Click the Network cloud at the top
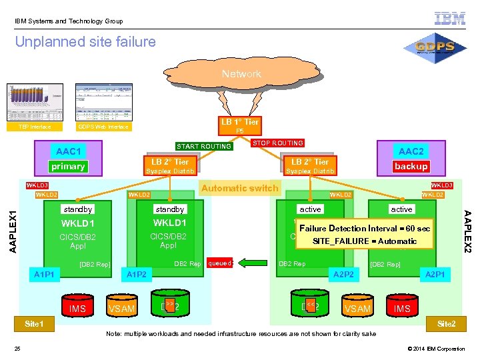[241, 73]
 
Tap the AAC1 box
[69, 151]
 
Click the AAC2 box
[411, 151]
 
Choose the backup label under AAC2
[411, 166]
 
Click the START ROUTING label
[204, 147]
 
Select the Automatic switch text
[240, 188]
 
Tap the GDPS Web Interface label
[103, 127]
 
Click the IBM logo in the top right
[450, 19]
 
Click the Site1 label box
[34, 323]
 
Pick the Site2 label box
[446, 323]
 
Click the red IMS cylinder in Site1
[78, 306]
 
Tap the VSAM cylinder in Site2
[357, 306]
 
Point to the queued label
[220, 263]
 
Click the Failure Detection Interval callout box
[365, 234]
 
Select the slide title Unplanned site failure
[85, 42]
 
